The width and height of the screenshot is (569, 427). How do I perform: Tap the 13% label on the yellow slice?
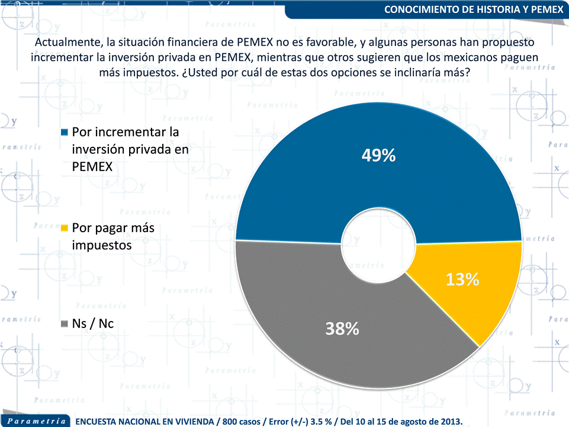click(x=462, y=280)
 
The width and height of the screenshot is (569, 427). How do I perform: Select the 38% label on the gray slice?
click(x=342, y=328)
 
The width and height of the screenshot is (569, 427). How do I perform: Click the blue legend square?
click(x=65, y=131)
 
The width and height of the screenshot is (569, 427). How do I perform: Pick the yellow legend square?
click(x=65, y=227)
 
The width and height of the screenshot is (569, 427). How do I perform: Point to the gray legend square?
click(x=65, y=324)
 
